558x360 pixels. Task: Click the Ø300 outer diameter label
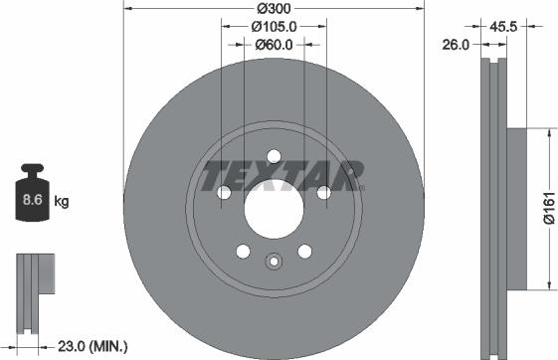click(273, 8)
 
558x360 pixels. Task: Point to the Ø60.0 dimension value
click(273, 44)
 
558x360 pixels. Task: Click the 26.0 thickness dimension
click(459, 43)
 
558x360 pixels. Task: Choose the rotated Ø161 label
click(548, 210)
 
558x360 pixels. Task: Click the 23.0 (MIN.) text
click(93, 346)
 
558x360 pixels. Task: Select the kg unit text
click(62, 202)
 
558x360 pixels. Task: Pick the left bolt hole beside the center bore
click(223, 192)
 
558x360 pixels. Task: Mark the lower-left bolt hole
click(242, 250)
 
